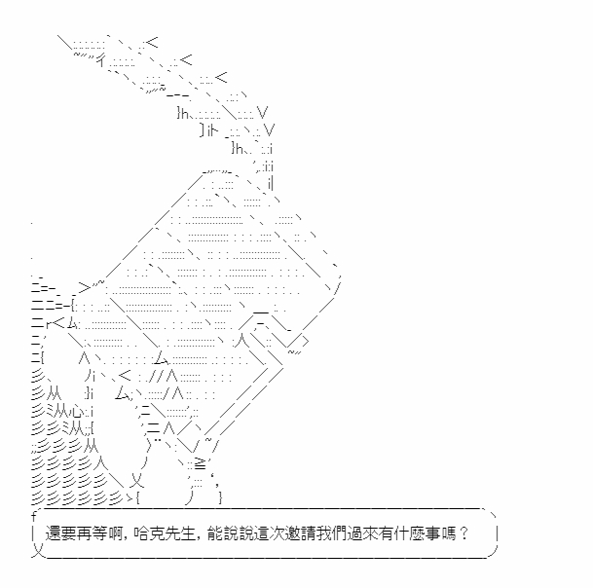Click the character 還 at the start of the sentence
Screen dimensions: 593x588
[53, 533]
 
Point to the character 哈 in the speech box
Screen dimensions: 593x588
[141, 533]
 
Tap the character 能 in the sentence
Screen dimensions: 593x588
[215, 533]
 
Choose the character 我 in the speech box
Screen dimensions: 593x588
[323, 533]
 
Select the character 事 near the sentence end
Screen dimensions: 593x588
[432, 533]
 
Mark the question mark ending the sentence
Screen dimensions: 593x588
[463, 533]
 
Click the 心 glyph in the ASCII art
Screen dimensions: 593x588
[78, 410]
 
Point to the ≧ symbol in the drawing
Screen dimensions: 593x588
[200, 463]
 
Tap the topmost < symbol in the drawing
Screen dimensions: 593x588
[152, 42]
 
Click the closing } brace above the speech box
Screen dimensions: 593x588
[220, 496]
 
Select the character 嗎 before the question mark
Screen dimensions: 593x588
[447, 533]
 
